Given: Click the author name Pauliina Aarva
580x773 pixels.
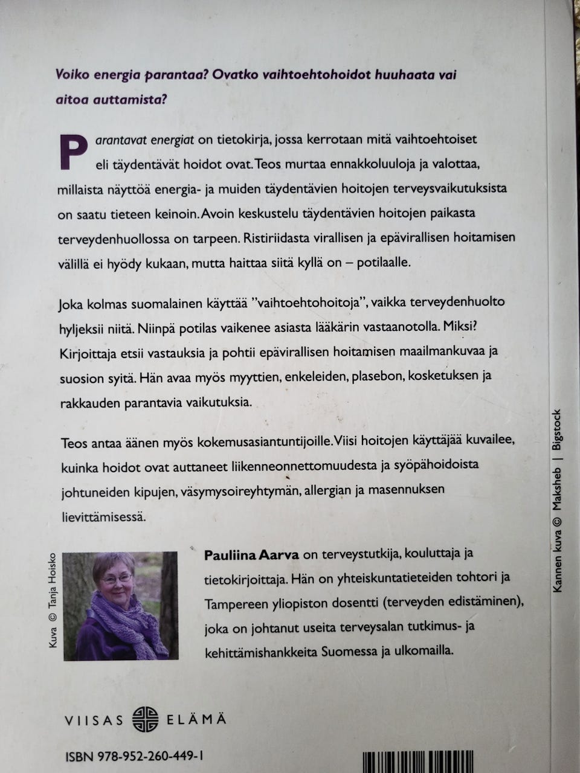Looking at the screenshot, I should point(248,553).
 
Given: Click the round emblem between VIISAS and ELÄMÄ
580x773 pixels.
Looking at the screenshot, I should point(145,719).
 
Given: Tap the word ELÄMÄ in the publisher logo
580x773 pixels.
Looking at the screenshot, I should point(196,719).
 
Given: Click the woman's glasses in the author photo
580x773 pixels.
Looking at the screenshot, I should point(117,579).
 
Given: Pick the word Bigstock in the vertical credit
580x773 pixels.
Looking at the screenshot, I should point(557,429).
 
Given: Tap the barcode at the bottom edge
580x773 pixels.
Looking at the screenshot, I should point(417,762).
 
